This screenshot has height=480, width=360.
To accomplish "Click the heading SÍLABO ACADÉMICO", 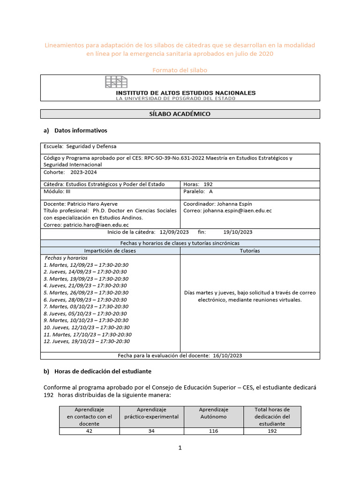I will click(x=180, y=114).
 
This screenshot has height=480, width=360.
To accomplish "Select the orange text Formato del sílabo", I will click(x=180, y=70).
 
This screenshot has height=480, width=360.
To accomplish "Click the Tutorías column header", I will click(x=249, y=251).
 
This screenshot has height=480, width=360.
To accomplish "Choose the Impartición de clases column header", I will click(x=110, y=251).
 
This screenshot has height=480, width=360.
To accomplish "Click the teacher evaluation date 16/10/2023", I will click(x=227, y=356).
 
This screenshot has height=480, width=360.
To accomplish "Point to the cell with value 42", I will click(x=89, y=431).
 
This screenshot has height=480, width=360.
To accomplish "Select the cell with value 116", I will click(x=214, y=431).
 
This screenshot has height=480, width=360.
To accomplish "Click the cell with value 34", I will click(x=151, y=431).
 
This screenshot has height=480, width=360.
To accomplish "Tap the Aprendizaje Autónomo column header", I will click(x=214, y=413).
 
